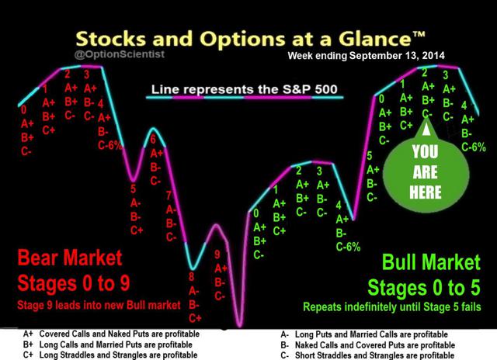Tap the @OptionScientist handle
pos(120,54)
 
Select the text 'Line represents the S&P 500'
pos(244,89)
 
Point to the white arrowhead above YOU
pos(426,130)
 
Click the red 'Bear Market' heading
pos(70,258)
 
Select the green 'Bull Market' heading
pos(432,262)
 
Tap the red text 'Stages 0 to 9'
pos(74,282)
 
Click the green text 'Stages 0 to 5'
pos(424,288)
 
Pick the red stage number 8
pos(192,277)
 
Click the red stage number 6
pos(153,139)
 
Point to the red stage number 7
pos(169,196)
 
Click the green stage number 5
pos(370,156)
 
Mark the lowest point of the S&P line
pos(240,326)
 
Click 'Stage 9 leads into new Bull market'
pos(99,305)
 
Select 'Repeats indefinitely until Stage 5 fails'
pos(392,306)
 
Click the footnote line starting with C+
pos(110,355)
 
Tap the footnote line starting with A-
pos(364,334)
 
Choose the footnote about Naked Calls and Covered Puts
pos(367,344)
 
